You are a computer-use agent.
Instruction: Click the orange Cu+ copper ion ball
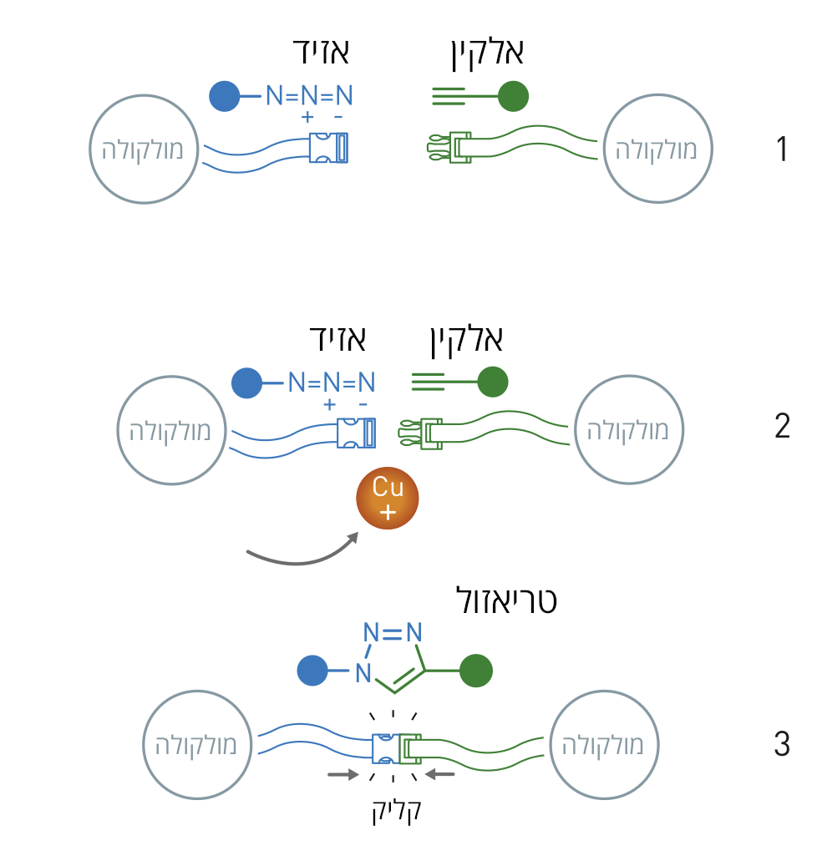pos(387,499)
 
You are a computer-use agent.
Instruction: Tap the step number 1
pos(782,149)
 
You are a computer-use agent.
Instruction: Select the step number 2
pos(782,427)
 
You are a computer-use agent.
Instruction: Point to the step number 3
pos(782,743)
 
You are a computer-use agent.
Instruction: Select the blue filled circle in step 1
pos(225,96)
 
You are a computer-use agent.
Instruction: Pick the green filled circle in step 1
pos(513,97)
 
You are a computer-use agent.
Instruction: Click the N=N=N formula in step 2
pos(331,383)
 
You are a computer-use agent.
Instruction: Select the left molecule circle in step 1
pos(144,149)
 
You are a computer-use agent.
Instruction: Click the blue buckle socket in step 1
pos(329,148)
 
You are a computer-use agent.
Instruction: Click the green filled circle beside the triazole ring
pos(477,671)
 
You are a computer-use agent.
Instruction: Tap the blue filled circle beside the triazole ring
pos(312,671)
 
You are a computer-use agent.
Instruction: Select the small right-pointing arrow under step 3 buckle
pos(341,775)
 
